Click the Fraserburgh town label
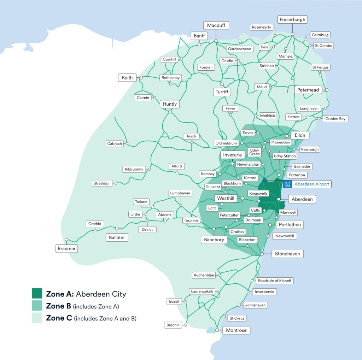[292, 20]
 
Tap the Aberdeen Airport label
[311, 184]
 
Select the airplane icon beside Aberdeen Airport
[287, 184]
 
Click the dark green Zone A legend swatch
[37, 294]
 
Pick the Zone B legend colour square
[37, 306]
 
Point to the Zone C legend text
[91, 318]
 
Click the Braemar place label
[66, 249]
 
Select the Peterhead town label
[308, 90]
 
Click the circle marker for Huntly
[170, 112]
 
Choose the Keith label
[127, 78]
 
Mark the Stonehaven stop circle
[262, 254]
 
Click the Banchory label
[214, 240]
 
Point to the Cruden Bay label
[335, 119]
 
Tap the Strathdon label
[102, 183]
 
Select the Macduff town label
[216, 25]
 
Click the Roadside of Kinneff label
[274, 281]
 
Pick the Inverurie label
[233, 155]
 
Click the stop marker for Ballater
[117, 228]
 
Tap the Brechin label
[173, 325]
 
